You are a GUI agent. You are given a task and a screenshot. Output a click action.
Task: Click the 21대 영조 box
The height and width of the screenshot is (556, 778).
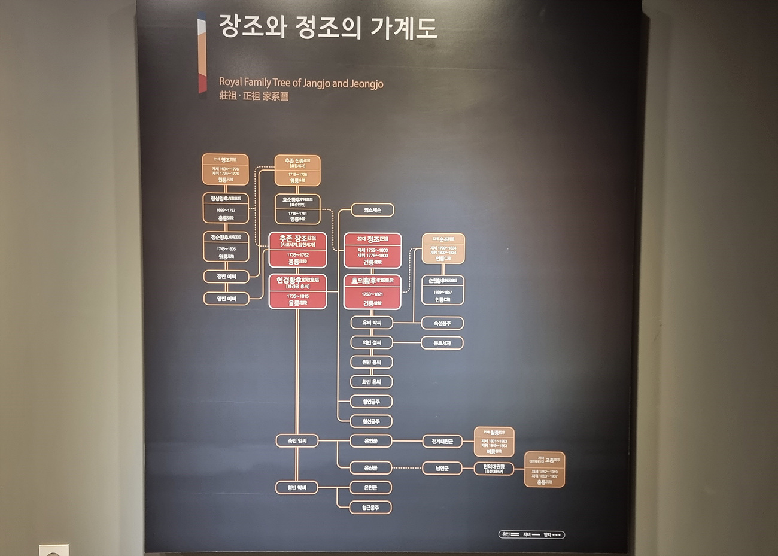225,169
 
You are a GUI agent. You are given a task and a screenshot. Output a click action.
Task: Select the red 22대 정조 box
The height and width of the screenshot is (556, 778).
372,250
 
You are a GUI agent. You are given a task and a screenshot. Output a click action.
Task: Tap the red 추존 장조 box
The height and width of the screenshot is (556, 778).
297,249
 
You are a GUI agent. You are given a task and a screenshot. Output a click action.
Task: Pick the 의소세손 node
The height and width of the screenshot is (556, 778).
372,210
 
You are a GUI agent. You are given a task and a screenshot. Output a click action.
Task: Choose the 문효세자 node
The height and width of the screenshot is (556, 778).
442,343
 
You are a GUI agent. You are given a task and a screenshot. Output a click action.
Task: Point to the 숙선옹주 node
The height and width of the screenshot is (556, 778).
442,323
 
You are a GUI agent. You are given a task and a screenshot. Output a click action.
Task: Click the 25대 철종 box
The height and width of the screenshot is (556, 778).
494,442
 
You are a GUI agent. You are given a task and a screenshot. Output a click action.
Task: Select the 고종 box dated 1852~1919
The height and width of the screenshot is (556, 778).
545,470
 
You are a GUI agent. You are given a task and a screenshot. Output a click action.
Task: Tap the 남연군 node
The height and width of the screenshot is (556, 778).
442,468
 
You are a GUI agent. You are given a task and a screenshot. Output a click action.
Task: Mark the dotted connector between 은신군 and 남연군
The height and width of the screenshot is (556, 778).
408,468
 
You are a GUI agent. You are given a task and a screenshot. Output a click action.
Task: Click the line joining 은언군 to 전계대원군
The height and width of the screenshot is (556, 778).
408,441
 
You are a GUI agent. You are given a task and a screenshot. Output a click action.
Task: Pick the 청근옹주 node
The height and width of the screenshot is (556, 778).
372,507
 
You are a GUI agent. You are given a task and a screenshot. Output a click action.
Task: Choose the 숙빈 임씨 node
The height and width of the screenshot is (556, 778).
297,441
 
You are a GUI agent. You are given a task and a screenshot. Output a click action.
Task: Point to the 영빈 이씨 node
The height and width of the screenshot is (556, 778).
226,298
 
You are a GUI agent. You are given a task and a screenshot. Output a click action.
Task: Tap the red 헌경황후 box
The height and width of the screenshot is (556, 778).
297,291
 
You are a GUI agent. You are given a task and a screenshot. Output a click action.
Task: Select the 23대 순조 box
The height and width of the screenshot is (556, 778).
443,248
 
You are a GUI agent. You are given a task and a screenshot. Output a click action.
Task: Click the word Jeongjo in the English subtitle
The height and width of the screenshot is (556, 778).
364,83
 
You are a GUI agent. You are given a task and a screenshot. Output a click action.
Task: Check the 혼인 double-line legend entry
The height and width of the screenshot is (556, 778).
510,534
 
